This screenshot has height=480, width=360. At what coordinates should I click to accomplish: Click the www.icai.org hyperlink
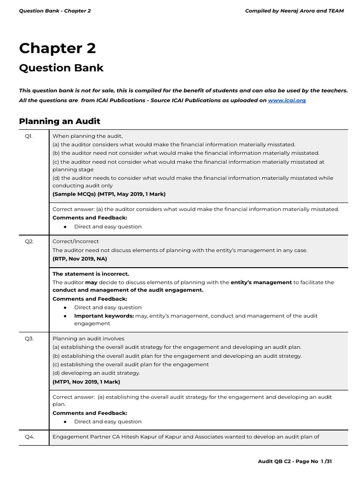pos(286,100)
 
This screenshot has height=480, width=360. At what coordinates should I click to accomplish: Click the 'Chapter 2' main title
pos(57,48)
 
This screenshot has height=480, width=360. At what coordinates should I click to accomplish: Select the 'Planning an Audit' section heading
pos(60,121)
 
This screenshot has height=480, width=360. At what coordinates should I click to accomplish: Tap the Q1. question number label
pos(29,136)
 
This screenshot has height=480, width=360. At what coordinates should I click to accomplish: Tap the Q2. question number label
pos(29,241)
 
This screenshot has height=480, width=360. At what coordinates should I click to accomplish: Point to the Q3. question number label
pos(29,338)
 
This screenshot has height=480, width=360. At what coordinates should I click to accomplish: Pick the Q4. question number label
pos(29,437)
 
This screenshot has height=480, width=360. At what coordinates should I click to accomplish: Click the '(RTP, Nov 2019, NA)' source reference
pos(79,258)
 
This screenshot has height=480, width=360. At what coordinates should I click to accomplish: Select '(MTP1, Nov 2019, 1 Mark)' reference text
pos(86,382)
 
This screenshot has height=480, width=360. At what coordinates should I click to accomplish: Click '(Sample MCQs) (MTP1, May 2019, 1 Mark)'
pos(109,194)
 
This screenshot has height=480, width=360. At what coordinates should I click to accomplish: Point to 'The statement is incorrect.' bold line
pos(91,274)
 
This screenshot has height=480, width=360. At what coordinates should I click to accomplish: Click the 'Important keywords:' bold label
pos(104,316)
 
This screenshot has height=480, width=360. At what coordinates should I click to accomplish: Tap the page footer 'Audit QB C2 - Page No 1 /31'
pos(295,461)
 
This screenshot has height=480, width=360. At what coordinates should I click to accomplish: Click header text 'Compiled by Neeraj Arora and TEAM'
pos(294,11)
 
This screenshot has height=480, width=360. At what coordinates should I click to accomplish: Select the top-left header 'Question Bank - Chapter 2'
pos(55,11)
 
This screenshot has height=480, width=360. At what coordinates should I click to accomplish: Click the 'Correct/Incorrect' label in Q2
pos(75,241)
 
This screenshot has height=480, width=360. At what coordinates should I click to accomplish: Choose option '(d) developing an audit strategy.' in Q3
pos(96,373)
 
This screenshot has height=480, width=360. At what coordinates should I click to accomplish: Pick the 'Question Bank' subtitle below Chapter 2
pos(61,68)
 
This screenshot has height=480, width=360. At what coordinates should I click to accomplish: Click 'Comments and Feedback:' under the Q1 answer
pos(90,218)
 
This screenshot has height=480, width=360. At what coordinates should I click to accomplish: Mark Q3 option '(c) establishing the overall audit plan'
pos(130,364)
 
